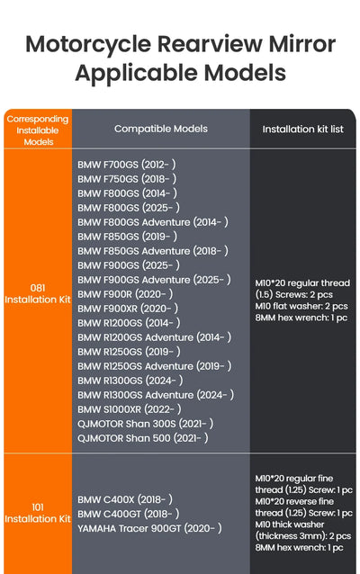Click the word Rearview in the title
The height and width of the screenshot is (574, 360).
[x=210, y=44]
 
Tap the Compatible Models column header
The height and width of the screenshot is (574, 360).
[x=161, y=129]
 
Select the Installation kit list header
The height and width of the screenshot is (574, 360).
[x=303, y=129]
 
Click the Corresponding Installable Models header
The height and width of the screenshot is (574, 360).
[x=38, y=130]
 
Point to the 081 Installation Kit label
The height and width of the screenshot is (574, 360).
[x=38, y=293]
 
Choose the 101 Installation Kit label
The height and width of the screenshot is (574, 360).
[x=38, y=513]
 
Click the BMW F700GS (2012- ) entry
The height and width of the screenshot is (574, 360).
[x=127, y=165]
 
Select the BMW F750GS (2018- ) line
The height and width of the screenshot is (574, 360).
[x=127, y=179]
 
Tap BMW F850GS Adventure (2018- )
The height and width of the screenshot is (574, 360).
[x=153, y=251]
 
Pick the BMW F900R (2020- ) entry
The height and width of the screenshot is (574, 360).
[x=125, y=294]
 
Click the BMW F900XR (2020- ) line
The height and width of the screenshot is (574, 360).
[x=128, y=309]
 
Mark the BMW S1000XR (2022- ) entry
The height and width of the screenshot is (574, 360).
[x=130, y=409]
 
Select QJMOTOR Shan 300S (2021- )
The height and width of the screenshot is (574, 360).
[x=146, y=424]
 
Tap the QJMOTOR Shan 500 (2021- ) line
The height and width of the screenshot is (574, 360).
[x=143, y=438]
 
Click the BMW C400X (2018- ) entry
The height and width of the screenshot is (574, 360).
[x=125, y=499]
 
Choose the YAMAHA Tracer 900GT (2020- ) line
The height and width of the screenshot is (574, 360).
[x=149, y=528]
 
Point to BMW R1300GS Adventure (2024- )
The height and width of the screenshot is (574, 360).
[x=156, y=395]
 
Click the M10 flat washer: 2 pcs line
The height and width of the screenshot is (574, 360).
[x=301, y=306]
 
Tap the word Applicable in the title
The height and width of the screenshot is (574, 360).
[x=138, y=73]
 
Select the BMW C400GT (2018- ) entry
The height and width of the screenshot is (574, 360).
[x=128, y=514]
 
